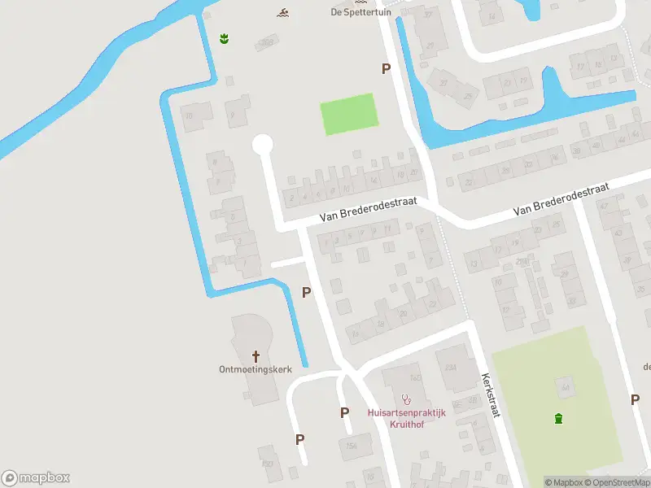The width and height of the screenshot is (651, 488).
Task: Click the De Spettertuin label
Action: tap(361, 12)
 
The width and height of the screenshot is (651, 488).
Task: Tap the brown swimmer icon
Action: tap(282, 12)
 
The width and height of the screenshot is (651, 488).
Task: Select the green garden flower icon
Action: tap(224, 38)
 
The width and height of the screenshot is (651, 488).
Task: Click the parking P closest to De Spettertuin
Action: tap(386, 69)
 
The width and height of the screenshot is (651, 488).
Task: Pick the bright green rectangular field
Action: tap(349, 115)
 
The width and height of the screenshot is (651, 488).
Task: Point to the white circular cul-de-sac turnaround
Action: tap(262, 145)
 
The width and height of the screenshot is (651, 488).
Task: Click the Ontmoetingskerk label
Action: tap(256, 369)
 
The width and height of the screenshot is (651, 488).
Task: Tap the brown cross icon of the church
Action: tap(256, 355)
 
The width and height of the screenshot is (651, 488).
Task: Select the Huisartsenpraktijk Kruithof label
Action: tap(406, 418)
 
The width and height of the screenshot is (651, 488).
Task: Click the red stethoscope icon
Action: tap(407, 399)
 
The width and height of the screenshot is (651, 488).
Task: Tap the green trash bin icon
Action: tap(558, 419)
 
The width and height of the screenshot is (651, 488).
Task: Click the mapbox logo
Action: tap(36, 478)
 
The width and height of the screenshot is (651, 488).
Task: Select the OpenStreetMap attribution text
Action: tap(618, 482)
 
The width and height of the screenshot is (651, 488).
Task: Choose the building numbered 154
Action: tap(352, 445)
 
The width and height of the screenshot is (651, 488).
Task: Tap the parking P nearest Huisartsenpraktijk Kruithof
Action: tap(345, 413)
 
